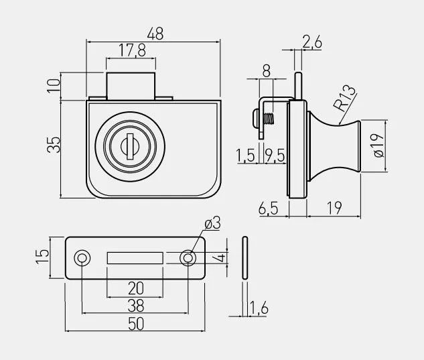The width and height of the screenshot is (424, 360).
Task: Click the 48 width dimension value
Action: point(155,34)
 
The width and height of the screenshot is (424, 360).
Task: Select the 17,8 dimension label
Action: point(132,50)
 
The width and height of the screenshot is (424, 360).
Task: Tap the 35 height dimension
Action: point(54,145)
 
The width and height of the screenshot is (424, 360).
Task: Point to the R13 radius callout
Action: point(344,98)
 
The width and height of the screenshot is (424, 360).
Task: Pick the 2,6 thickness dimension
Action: point(312,42)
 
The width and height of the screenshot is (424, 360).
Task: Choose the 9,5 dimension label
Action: point(275,156)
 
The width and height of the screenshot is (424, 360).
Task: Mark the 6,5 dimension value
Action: point(268,208)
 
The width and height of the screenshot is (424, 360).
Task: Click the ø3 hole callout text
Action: point(212,223)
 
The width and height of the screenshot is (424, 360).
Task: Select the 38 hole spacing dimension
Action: point(136,306)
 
